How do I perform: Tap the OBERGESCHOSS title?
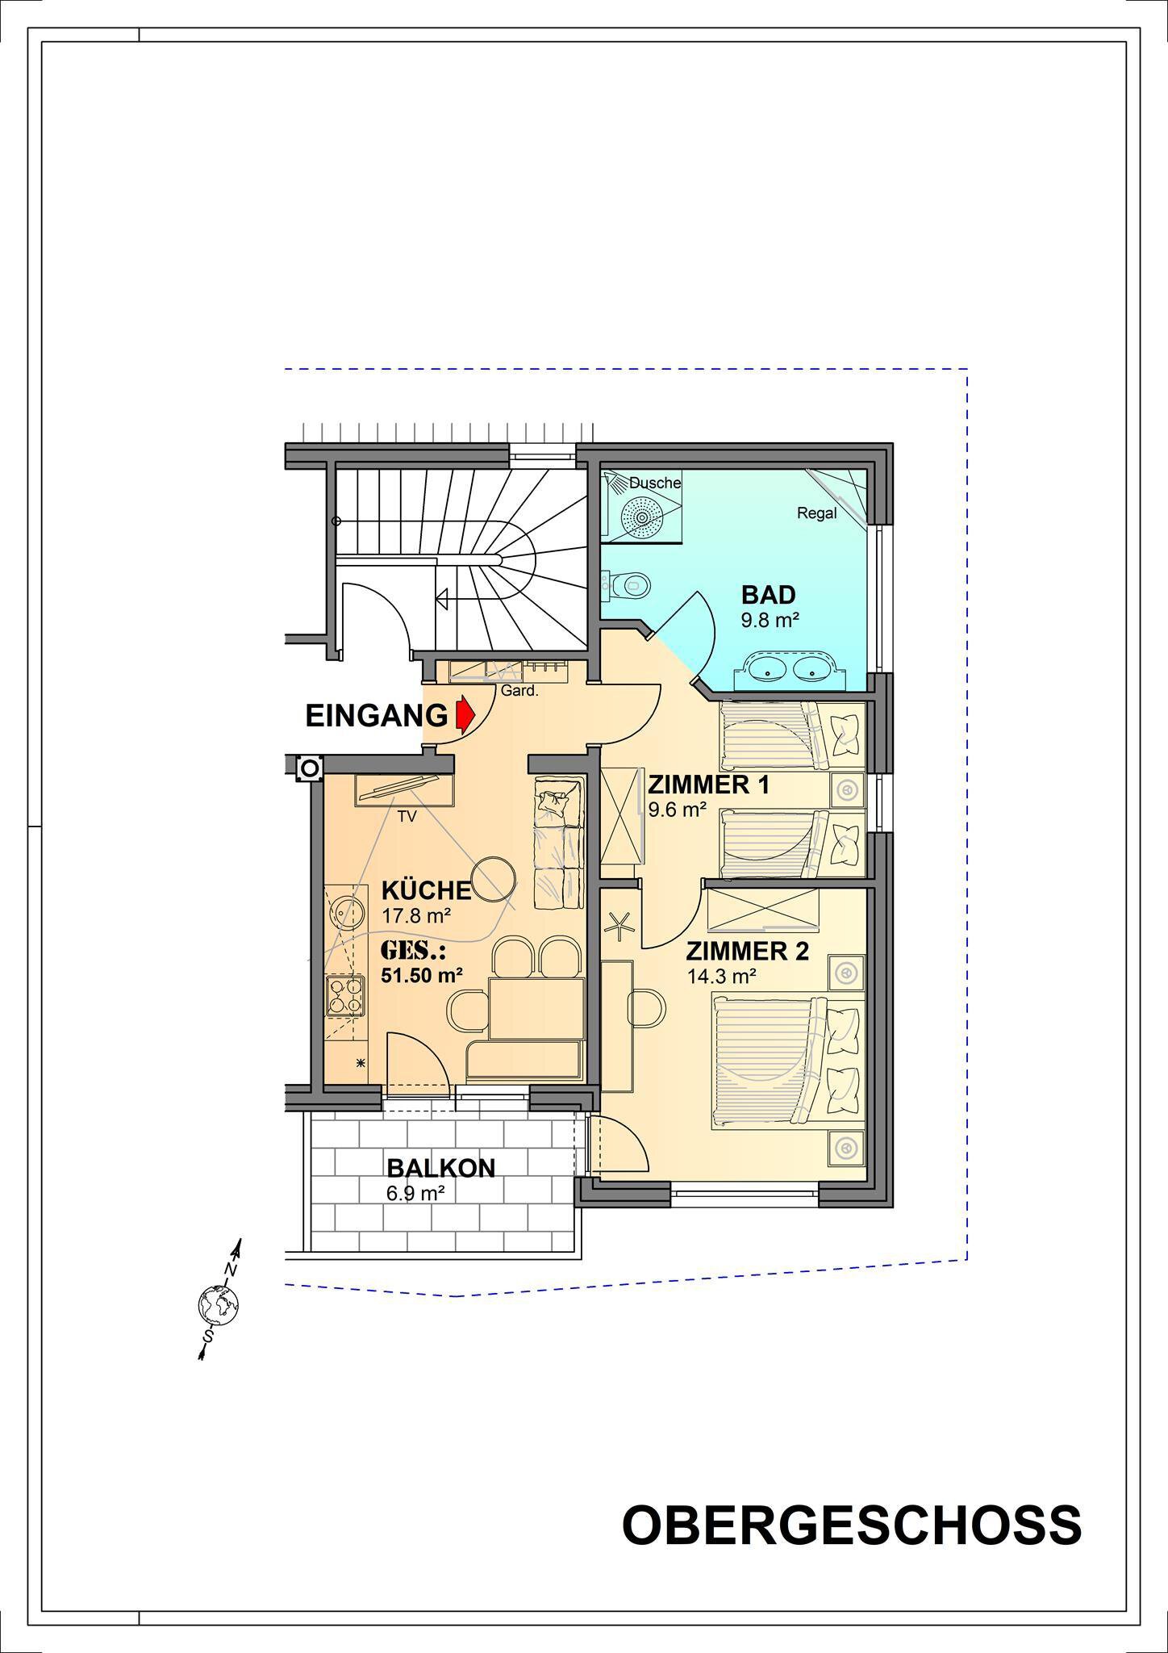point(852,1525)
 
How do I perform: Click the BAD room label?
point(769,596)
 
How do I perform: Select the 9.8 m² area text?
point(770,621)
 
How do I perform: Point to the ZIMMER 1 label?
point(709,785)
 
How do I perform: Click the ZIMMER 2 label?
point(747,952)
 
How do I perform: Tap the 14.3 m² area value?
point(721,977)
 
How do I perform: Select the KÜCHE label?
point(426,889)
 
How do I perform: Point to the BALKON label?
point(440,1168)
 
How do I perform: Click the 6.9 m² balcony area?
point(416,1193)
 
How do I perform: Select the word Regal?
point(816,513)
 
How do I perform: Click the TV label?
point(407,816)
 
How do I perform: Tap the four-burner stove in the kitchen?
point(344,995)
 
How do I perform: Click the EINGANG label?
point(376,716)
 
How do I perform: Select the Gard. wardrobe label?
point(519,691)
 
